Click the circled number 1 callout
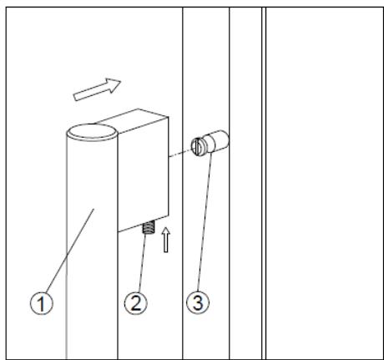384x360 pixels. [42, 303]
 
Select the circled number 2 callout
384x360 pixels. [136, 303]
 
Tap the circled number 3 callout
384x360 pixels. [198, 302]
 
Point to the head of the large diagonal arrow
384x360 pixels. [121, 81]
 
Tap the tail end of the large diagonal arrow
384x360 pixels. [75, 97]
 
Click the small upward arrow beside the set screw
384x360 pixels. [166, 240]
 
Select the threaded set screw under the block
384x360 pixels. [147, 226]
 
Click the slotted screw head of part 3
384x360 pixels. [197, 146]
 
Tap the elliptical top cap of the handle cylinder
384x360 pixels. [92, 132]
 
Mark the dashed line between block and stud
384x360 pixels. [180, 154]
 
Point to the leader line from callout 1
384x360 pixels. [70, 251]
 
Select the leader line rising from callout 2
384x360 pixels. [141, 262]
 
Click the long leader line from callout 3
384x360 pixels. [205, 221]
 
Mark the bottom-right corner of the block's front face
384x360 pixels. [169, 215]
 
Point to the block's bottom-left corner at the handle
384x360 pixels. [118, 232]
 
